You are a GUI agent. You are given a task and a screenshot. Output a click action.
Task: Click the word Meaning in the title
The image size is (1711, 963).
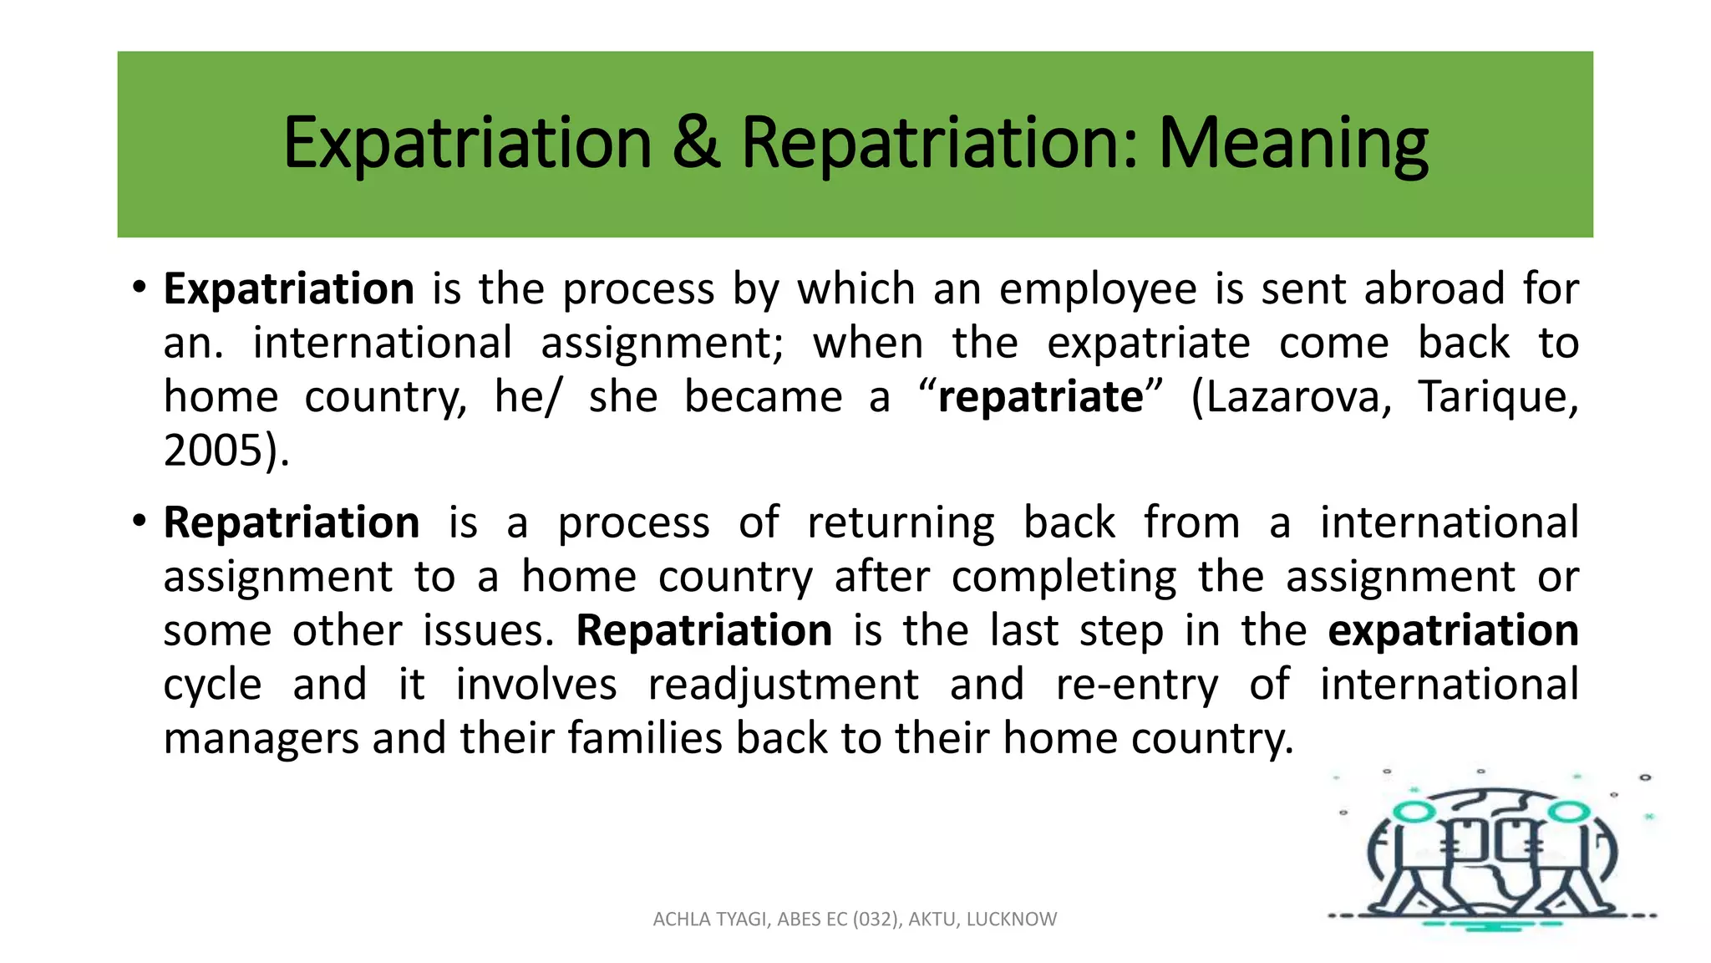[x=1292, y=144]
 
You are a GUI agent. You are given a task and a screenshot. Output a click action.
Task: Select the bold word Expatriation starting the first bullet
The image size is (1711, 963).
[x=289, y=289]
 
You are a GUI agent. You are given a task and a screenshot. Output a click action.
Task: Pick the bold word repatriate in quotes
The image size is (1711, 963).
[x=1040, y=397]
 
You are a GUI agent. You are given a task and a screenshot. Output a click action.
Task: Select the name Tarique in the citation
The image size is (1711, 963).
[x=1495, y=397]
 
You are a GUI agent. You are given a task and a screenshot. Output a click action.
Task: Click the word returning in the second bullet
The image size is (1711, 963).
[x=901, y=524]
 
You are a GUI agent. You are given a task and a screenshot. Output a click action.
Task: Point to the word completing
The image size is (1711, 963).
[x=1064, y=578]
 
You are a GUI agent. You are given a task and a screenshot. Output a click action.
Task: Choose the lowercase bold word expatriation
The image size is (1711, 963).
[x=1453, y=631]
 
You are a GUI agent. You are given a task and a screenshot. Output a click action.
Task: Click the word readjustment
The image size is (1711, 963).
[x=784, y=685]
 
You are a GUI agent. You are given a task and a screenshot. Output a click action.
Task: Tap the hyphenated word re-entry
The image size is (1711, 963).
[x=1137, y=685]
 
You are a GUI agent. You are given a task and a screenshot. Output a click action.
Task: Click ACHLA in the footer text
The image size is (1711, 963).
[x=679, y=920]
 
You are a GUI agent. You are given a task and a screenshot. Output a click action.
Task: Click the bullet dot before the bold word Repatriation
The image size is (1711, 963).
[x=140, y=522]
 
